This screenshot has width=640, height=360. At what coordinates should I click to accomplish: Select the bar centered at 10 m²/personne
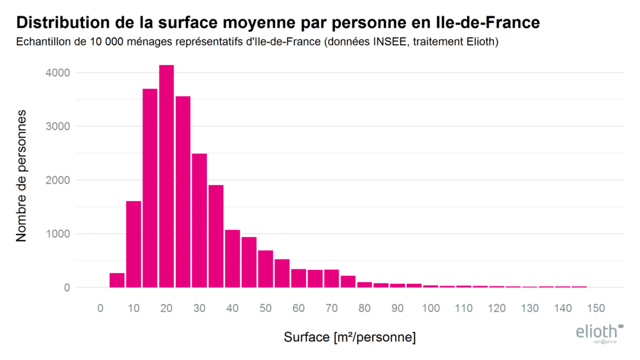[x=133, y=244]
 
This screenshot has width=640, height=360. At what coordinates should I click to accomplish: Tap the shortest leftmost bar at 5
[x=117, y=281]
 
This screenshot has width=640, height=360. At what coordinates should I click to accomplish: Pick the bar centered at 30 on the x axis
[x=199, y=221]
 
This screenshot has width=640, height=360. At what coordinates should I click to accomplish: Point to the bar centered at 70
[x=331, y=279]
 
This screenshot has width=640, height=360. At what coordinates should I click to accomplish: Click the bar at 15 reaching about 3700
[x=150, y=188]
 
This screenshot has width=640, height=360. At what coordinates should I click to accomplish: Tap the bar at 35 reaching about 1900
[x=216, y=236]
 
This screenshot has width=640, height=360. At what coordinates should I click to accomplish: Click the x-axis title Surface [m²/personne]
[x=349, y=337]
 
